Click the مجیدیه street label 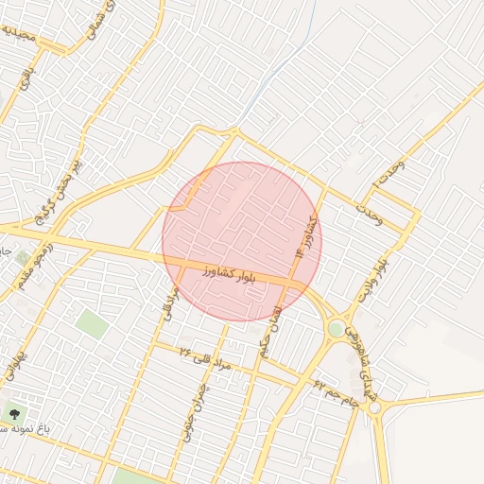click(x=22, y=35)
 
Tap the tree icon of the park click(x=13, y=413)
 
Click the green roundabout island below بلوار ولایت click(x=336, y=328)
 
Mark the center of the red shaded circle click(x=242, y=242)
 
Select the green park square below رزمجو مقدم click(x=93, y=323)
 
